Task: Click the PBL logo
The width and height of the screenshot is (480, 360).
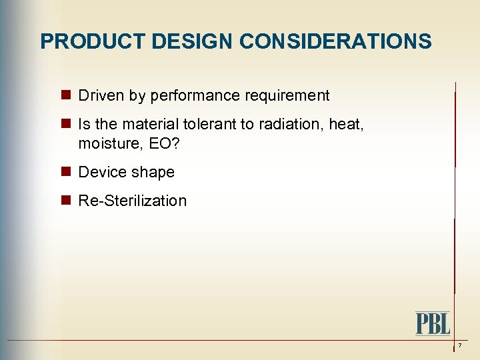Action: coord(433,323)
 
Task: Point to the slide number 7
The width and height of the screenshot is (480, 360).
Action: coord(459,345)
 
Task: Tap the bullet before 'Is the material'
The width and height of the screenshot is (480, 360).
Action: coord(67,124)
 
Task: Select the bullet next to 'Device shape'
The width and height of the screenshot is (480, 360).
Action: coord(67,172)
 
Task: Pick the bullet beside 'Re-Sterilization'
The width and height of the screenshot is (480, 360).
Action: coord(67,201)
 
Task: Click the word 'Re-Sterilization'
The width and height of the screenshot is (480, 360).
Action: coord(133,201)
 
